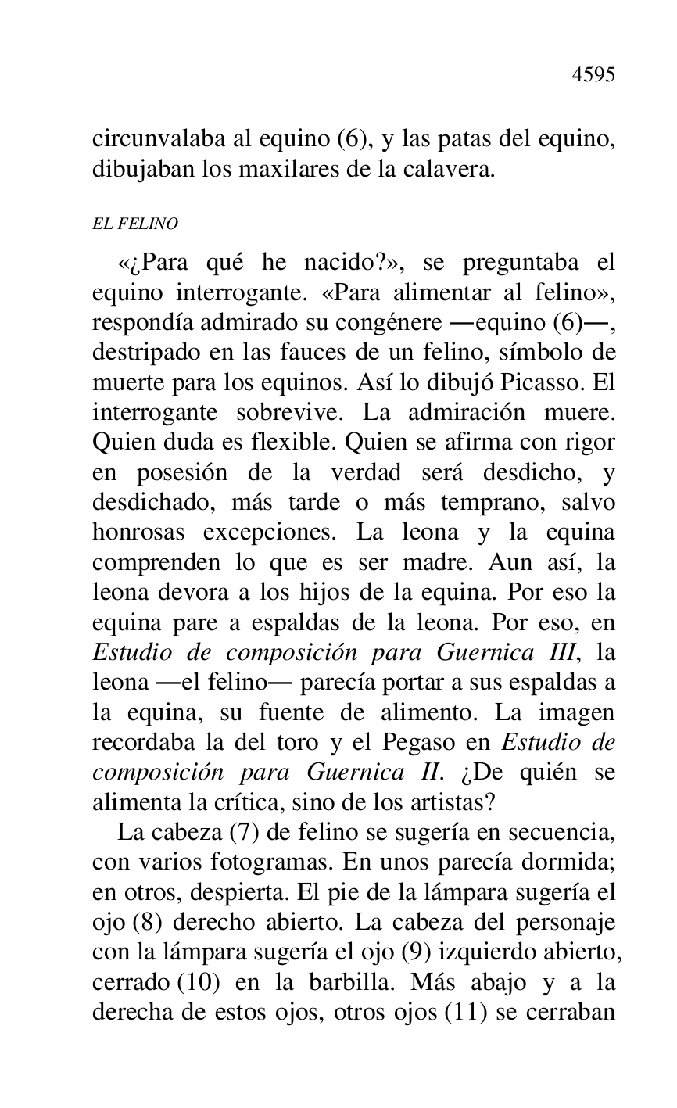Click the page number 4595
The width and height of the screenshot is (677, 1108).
[x=593, y=75]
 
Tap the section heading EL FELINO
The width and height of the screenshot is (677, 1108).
[x=135, y=224]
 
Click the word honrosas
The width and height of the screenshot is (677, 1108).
[x=138, y=532]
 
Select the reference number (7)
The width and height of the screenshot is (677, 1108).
[x=243, y=830]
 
